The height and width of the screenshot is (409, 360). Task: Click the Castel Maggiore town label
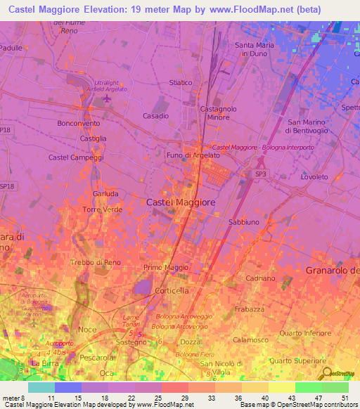(181, 202)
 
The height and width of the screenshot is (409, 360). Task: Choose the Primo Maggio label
(164, 268)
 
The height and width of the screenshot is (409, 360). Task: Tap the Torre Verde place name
(102, 210)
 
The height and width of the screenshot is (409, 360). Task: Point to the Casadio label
(155, 116)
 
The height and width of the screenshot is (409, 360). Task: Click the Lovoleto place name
(314, 178)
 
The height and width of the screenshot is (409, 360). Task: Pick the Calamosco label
(256, 339)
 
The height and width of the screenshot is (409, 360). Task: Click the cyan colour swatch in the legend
(41, 387)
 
